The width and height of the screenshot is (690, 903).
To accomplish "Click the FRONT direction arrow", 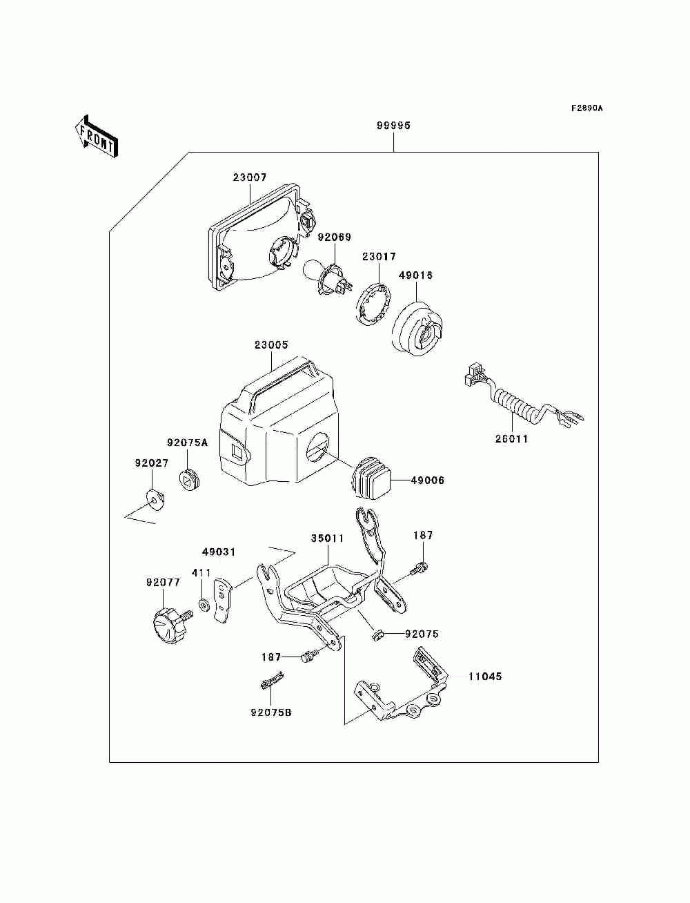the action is tap(96, 137).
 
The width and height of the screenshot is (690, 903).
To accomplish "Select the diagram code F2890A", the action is tap(586, 108).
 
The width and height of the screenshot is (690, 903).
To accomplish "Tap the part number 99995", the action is tap(393, 126).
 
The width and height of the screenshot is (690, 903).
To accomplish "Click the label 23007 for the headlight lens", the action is tap(250, 177).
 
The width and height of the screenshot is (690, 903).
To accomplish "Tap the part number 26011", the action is tap(511, 439).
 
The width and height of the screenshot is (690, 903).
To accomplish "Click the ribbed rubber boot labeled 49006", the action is tap(372, 478).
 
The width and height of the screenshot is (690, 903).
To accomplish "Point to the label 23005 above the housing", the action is tap(271, 344).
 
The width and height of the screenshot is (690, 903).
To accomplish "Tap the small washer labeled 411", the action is tap(204, 605).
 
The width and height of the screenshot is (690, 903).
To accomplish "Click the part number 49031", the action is tap(218, 552).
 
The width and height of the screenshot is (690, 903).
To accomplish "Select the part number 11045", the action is tap(485, 677).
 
